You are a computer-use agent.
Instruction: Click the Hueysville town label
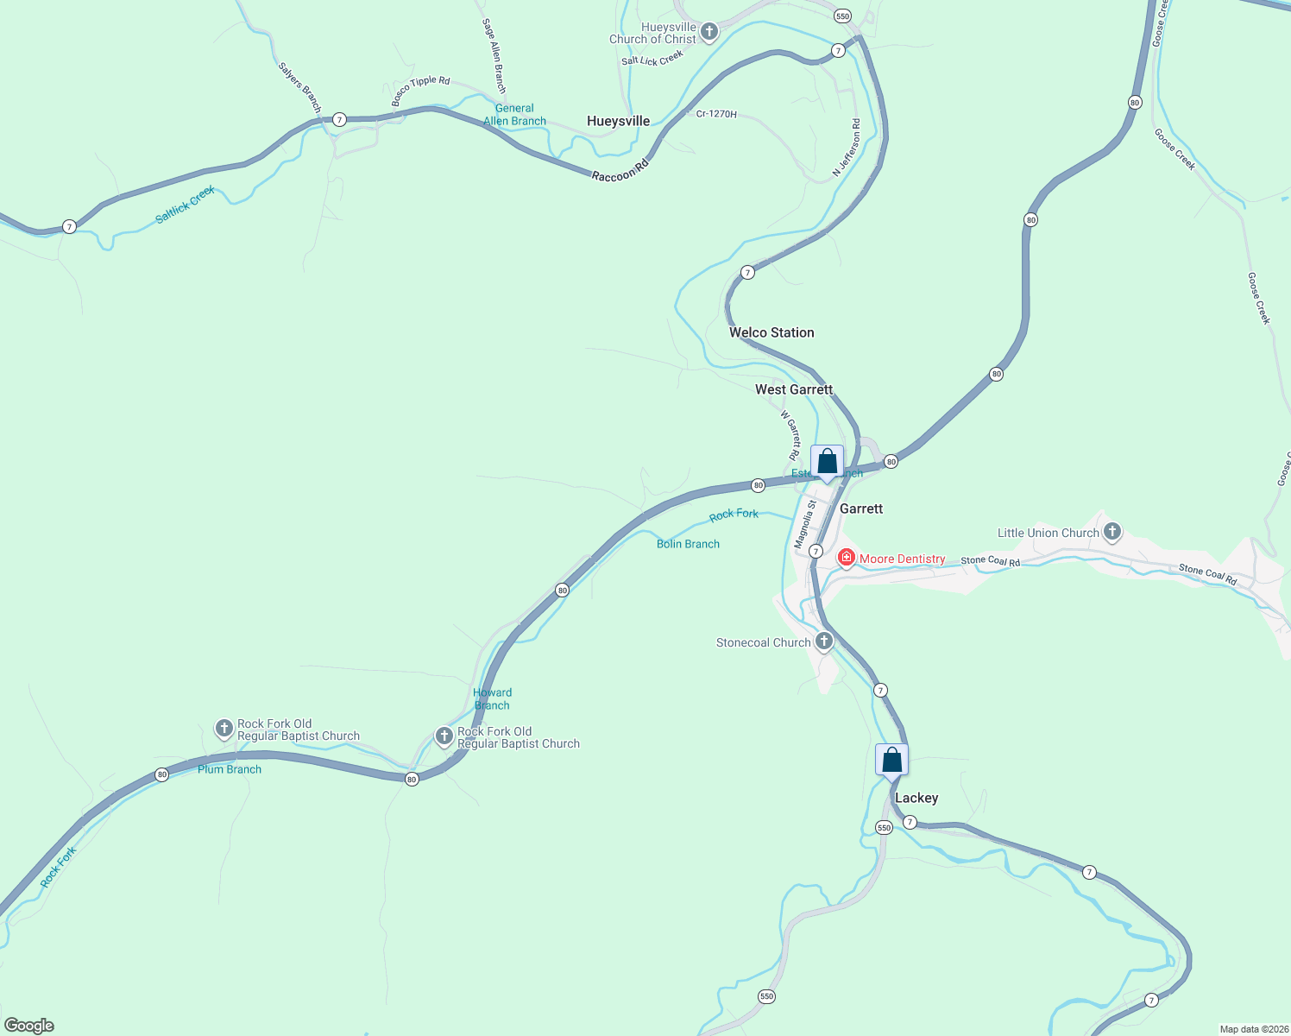point(618,121)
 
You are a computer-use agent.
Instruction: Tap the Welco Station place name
point(771,332)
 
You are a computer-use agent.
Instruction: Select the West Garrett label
point(794,389)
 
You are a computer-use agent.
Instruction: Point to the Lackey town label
point(916,798)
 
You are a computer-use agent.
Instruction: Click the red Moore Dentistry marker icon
point(847,558)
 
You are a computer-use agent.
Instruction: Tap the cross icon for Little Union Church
point(1112,532)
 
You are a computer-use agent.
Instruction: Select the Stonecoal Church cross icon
point(824,641)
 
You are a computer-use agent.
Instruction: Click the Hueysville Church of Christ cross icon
point(709,33)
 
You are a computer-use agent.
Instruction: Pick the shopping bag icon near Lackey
point(891,761)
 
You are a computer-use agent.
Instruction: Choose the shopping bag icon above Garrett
point(827,462)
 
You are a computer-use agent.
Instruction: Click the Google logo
point(29,1026)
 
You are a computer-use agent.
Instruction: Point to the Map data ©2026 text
point(1254,1029)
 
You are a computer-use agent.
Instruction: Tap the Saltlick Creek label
point(185,205)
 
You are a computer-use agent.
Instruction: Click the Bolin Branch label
point(688,544)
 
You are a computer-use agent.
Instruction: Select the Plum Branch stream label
point(230,769)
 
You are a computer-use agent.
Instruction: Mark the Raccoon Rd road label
point(620,170)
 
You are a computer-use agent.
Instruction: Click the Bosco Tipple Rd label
point(420,92)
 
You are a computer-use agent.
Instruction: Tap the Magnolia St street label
point(805,524)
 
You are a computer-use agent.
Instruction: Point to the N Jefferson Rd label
point(847,148)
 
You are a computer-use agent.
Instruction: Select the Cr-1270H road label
point(716,114)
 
